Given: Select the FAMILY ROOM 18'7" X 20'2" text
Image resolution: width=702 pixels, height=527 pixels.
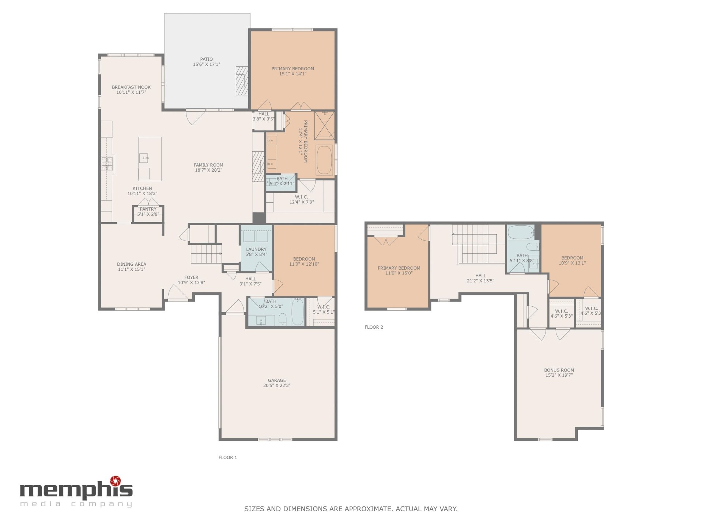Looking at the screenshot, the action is (208, 168).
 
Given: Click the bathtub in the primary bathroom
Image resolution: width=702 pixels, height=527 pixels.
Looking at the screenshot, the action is (324, 160).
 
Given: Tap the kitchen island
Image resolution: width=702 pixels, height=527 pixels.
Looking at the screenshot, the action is (150, 159).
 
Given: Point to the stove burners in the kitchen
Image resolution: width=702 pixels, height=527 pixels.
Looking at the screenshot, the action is (107, 163).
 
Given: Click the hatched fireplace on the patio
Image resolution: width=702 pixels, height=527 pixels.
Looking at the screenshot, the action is (242, 81).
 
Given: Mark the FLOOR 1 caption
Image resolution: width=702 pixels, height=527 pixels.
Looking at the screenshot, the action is (228, 457).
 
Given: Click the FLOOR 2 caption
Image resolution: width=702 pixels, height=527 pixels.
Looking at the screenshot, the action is (374, 327).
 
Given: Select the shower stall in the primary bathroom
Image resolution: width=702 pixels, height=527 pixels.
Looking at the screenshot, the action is (325, 126).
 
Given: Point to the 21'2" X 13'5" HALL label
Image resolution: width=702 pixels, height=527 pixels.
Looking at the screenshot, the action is (480, 278).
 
